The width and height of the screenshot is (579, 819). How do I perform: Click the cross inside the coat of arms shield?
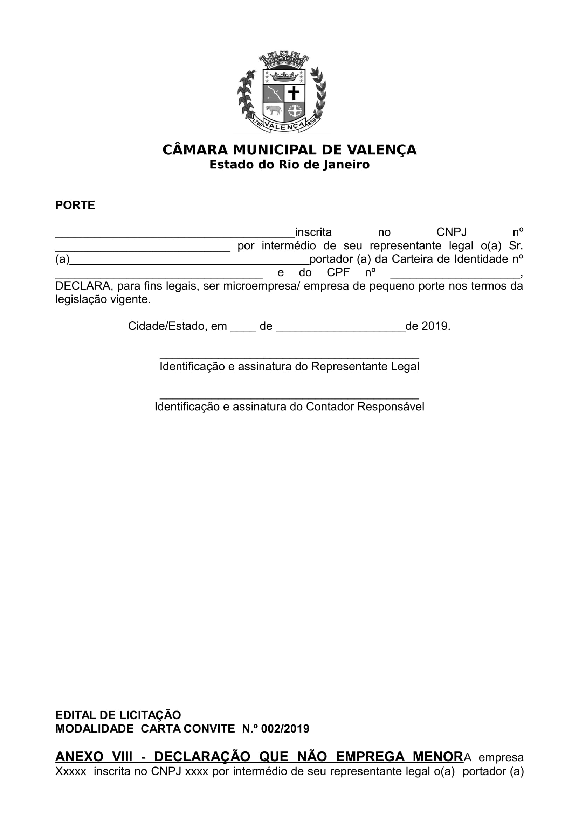coord(294,93)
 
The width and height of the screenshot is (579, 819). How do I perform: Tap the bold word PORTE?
coord(75,206)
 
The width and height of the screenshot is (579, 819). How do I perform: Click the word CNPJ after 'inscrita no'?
coord(451,232)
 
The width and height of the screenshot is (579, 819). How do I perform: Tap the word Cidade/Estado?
coord(167,326)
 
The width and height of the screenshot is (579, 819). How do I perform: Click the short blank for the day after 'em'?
coord(243,330)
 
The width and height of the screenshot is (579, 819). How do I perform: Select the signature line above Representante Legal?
coord(289,358)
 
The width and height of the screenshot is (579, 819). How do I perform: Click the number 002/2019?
coord(285,728)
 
